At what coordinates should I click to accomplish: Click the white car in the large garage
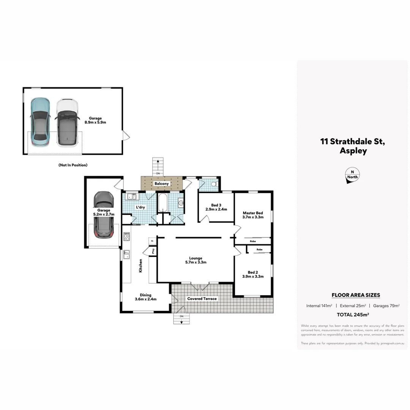[67, 122]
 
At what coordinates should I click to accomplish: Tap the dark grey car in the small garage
[103, 214]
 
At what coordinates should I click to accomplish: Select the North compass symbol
[352, 176]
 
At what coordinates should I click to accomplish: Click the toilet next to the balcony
[214, 184]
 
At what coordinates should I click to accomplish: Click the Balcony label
[161, 184]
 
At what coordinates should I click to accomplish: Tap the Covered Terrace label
[202, 299]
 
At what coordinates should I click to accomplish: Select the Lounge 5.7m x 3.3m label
[196, 260]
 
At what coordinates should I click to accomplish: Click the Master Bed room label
[253, 215]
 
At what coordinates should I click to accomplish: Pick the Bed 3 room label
[216, 207]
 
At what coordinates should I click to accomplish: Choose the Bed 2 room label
[253, 274]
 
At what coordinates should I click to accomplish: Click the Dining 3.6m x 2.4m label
[145, 297]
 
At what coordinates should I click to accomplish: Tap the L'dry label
[140, 207]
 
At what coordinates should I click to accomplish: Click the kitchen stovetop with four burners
[126, 237]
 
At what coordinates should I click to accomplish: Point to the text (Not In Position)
[73, 165]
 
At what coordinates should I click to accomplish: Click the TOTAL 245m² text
[353, 314]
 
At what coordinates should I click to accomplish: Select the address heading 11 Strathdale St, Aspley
[353, 146]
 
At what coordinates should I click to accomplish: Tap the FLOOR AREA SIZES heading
[356, 295]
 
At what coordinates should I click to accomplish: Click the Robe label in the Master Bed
[252, 241]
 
